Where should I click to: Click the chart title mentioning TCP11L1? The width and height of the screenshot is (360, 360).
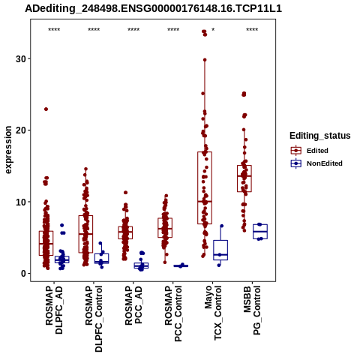[153, 8]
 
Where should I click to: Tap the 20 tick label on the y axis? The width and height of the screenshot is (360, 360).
[21, 130]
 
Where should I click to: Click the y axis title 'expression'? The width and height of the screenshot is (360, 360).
[8, 150]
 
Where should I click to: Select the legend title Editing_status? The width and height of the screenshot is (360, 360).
[320, 136]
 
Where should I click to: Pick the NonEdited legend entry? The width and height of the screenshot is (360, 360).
[316, 163]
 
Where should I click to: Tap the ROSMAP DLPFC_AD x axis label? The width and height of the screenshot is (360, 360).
[54, 310]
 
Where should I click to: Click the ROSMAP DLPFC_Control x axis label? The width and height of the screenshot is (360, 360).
[94, 319]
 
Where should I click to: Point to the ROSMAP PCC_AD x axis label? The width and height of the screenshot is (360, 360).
[133, 305]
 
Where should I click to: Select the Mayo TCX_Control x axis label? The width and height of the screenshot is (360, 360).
[213, 313]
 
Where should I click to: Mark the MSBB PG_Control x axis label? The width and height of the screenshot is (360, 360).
[252, 310]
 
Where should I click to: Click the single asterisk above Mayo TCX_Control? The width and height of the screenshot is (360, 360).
[213, 30]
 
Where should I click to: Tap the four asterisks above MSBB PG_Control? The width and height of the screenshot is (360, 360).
[252, 30]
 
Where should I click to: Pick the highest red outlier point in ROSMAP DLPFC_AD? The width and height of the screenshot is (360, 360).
[46, 109]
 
